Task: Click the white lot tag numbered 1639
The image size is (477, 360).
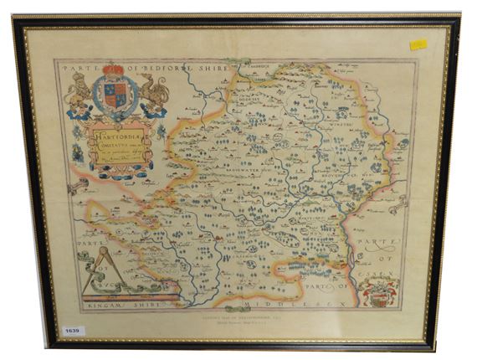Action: click(73, 331)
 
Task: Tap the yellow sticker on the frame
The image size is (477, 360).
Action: click(418, 44)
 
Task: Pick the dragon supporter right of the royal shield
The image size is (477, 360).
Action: click(154, 94)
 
